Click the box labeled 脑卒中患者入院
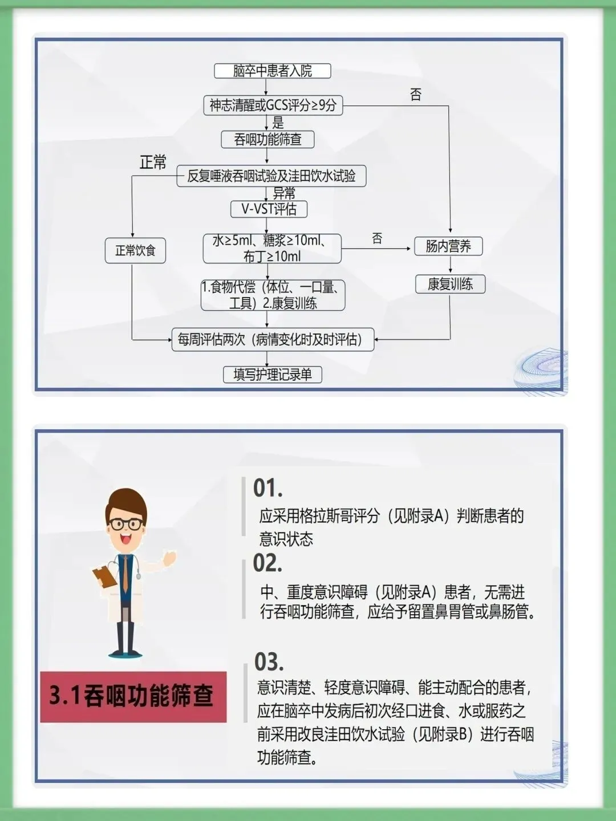[272, 71]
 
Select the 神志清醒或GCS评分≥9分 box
[273, 105]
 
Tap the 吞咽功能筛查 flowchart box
[268, 140]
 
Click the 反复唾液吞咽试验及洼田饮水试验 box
[271, 176]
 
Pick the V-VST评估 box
[269, 209]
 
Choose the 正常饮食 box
[135, 250]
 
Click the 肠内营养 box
[448, 246]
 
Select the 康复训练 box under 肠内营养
[450, 284]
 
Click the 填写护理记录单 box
[273, 375]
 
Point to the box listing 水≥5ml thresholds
[272, 248]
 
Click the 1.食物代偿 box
[273, 295]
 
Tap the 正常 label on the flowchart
[153, 162]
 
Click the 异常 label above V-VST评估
[284, 193]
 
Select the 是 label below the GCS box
[278, 123]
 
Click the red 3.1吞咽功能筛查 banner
[133, 696]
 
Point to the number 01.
[268, 489]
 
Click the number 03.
[269, 662]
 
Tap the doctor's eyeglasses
[127, 524]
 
